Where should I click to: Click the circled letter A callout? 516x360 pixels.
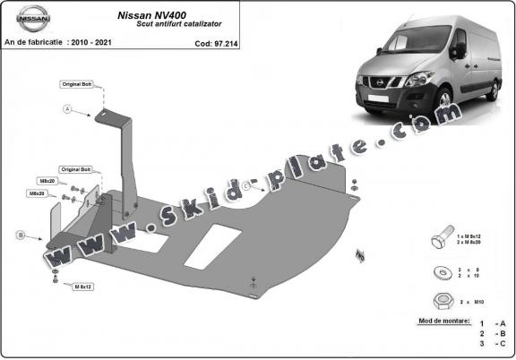65,109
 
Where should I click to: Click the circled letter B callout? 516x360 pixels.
21,235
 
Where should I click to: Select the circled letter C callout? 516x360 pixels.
244,185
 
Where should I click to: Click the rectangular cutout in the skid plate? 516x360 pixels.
215,243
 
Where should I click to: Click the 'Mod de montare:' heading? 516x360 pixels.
443,320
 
